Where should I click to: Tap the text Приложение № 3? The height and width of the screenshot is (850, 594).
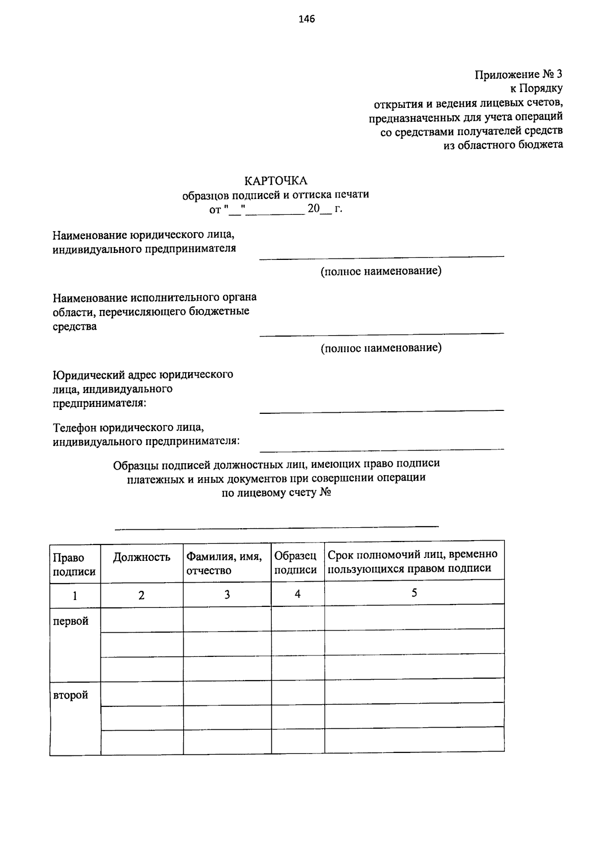[x=519, y=75]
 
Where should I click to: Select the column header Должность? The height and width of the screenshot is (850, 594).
[x=142, y=557]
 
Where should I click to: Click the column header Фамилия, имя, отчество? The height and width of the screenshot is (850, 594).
[x=224, y=563]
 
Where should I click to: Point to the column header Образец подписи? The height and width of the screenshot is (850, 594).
[x=296, y=563]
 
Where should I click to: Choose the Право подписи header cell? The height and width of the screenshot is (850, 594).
[x=74, y=564]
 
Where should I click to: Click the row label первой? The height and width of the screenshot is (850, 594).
[x=71, y=621]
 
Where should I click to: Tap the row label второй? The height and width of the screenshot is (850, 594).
[x=71, y=695]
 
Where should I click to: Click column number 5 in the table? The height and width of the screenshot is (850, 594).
[x=414, y=593]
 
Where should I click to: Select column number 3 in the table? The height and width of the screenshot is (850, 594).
[x=227, y=595]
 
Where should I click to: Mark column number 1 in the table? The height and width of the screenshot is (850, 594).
[x=75, y=595]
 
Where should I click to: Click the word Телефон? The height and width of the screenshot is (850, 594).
[x=75, y=427]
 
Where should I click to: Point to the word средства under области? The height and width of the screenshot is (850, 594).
[x=75, y=327]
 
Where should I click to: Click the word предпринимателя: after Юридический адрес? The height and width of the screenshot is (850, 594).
[x=99, y=403]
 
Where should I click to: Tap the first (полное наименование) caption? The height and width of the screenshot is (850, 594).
[x=381, y=271]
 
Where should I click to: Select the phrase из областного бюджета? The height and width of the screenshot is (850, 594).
[x=503, y=145]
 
